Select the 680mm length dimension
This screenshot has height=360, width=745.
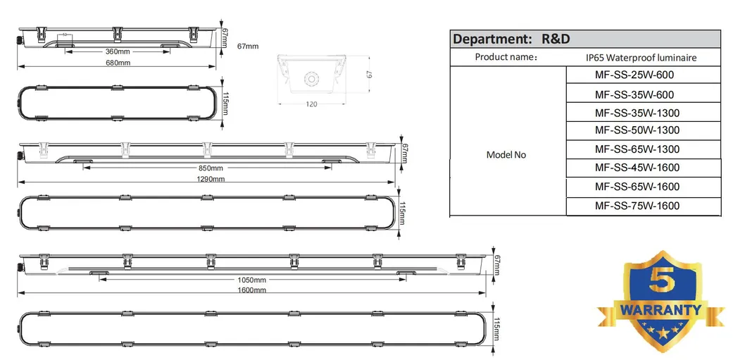point(118,63)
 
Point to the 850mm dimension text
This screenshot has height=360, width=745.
point(211,168)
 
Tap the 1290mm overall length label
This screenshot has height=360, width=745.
point(211,179)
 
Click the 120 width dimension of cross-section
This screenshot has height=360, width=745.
point(311,104)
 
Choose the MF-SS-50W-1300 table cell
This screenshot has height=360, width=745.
point(637,131)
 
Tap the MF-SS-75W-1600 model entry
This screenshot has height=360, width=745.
point(637,206)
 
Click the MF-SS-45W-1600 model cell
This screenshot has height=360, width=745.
point(637,168)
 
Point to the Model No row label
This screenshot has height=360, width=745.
point(506,154)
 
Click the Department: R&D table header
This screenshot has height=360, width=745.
point(511,39)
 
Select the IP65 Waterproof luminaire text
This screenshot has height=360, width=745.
point(641,58)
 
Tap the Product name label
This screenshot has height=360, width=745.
point(506,57)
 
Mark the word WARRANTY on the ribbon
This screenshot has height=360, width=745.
point(660,309)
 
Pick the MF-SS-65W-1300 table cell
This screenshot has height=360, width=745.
point(637,149)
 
